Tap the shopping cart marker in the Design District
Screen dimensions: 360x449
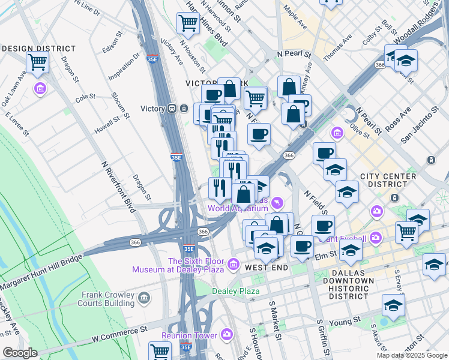[37, 62]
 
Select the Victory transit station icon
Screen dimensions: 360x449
[172, 109]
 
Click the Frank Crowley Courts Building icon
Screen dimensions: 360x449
[144, 298]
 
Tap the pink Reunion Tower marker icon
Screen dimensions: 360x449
[226, 334]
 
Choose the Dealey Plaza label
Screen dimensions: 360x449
[235, 292]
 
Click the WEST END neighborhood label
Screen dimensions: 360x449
[266, 267]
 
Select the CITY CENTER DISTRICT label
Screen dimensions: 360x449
[388, 181]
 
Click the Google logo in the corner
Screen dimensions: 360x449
[20, 353]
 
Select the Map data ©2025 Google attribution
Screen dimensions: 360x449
[412, 355]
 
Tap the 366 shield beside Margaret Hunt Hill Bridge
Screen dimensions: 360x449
[134, 242]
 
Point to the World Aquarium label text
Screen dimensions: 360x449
[238, 208]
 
